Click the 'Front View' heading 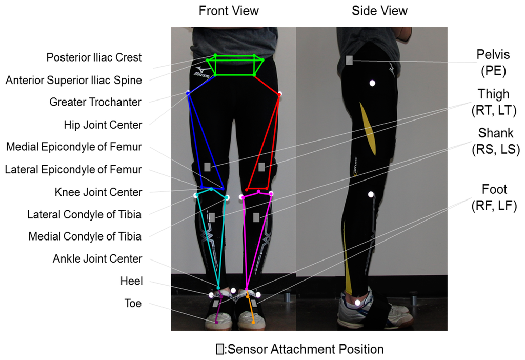(x=229, y=11)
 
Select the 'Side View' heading (x=379, y=11)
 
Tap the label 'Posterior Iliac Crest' (x=94, y=57)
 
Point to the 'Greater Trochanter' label (x=95, y=102)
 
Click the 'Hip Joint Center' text (x=103, y=124)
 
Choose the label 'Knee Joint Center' (x=98, y=192)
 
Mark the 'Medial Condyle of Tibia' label (x=85, y=236)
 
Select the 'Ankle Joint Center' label (x=97, y=259)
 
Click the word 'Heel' (x=131, y=281)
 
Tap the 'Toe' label (x=132, y=304)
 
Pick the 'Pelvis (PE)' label (x=491, y=63)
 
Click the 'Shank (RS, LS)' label (x=495, y=141)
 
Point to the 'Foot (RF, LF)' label (x=494, y=197)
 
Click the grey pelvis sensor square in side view (x=349, y=61)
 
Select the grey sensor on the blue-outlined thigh (x=207, y=167)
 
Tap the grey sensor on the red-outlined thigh (x=261, y=167)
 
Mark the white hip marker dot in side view (x=373, y=83)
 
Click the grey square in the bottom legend (x=219, y=350)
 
